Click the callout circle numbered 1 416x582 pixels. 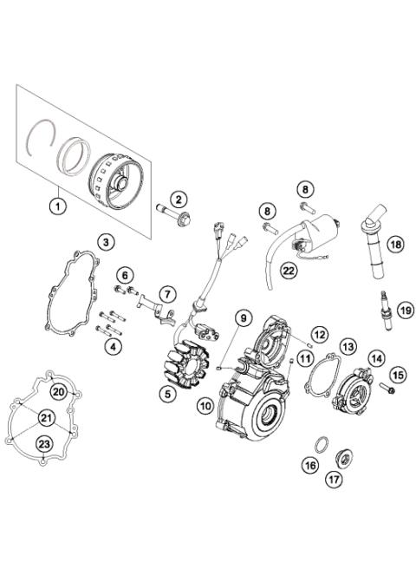pyautogui.click(x=58, y=206)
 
